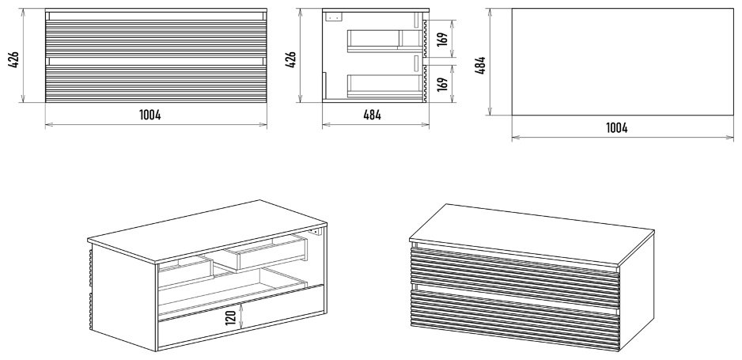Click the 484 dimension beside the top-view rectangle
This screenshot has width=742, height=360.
pos(480,62)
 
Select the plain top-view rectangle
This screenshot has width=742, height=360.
pos(622,61)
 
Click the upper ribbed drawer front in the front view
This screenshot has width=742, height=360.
pos(155,37)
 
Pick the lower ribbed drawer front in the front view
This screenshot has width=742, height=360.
pos(155,81)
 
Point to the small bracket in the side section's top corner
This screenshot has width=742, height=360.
pos(332,16)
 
